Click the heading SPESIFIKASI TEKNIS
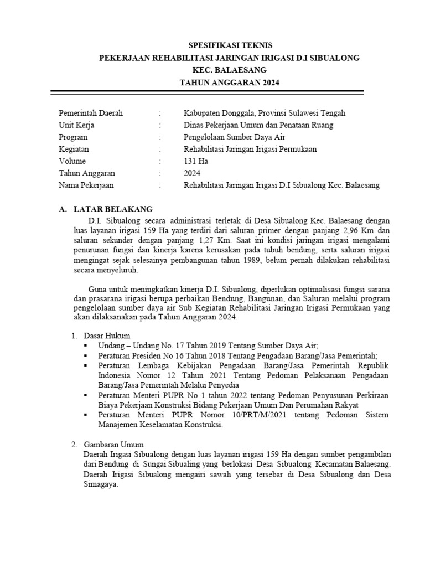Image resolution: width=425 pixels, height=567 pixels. point(230,45)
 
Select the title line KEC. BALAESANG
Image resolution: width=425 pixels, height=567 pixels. point(229,70)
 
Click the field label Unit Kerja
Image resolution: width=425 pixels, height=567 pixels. point(76,125)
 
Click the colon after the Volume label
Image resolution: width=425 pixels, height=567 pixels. point(159,162)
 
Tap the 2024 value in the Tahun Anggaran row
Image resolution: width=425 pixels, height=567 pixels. point(193,174)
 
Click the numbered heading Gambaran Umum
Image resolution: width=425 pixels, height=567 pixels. point(113,445)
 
